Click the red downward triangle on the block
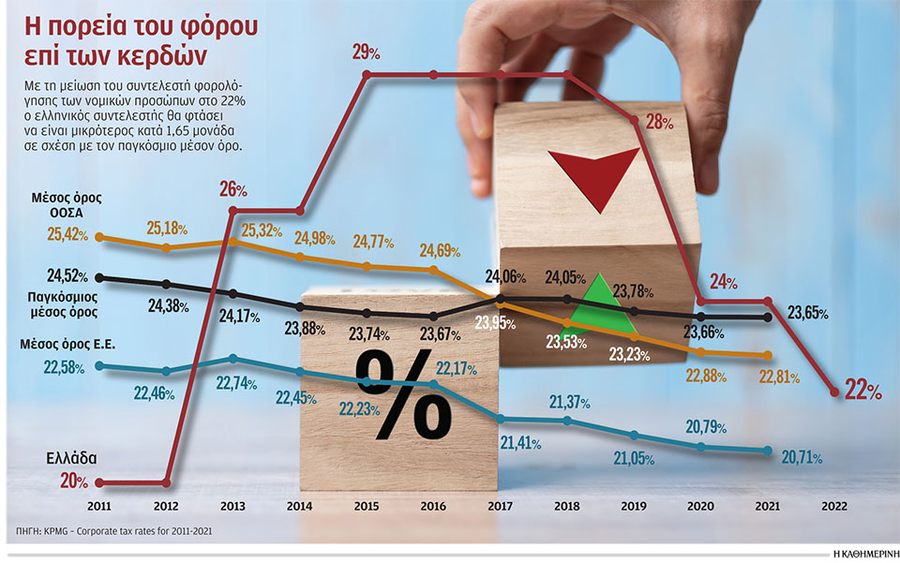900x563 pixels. pos(593,178)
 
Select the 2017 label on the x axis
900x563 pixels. pos(500,506)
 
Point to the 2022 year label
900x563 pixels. pos(834,506)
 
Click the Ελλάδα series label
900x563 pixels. pos(71,459)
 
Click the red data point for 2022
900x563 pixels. pos(834,393)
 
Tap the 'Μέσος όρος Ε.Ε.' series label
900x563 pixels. pos(67,344)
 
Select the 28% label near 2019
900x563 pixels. pos(661,122)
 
